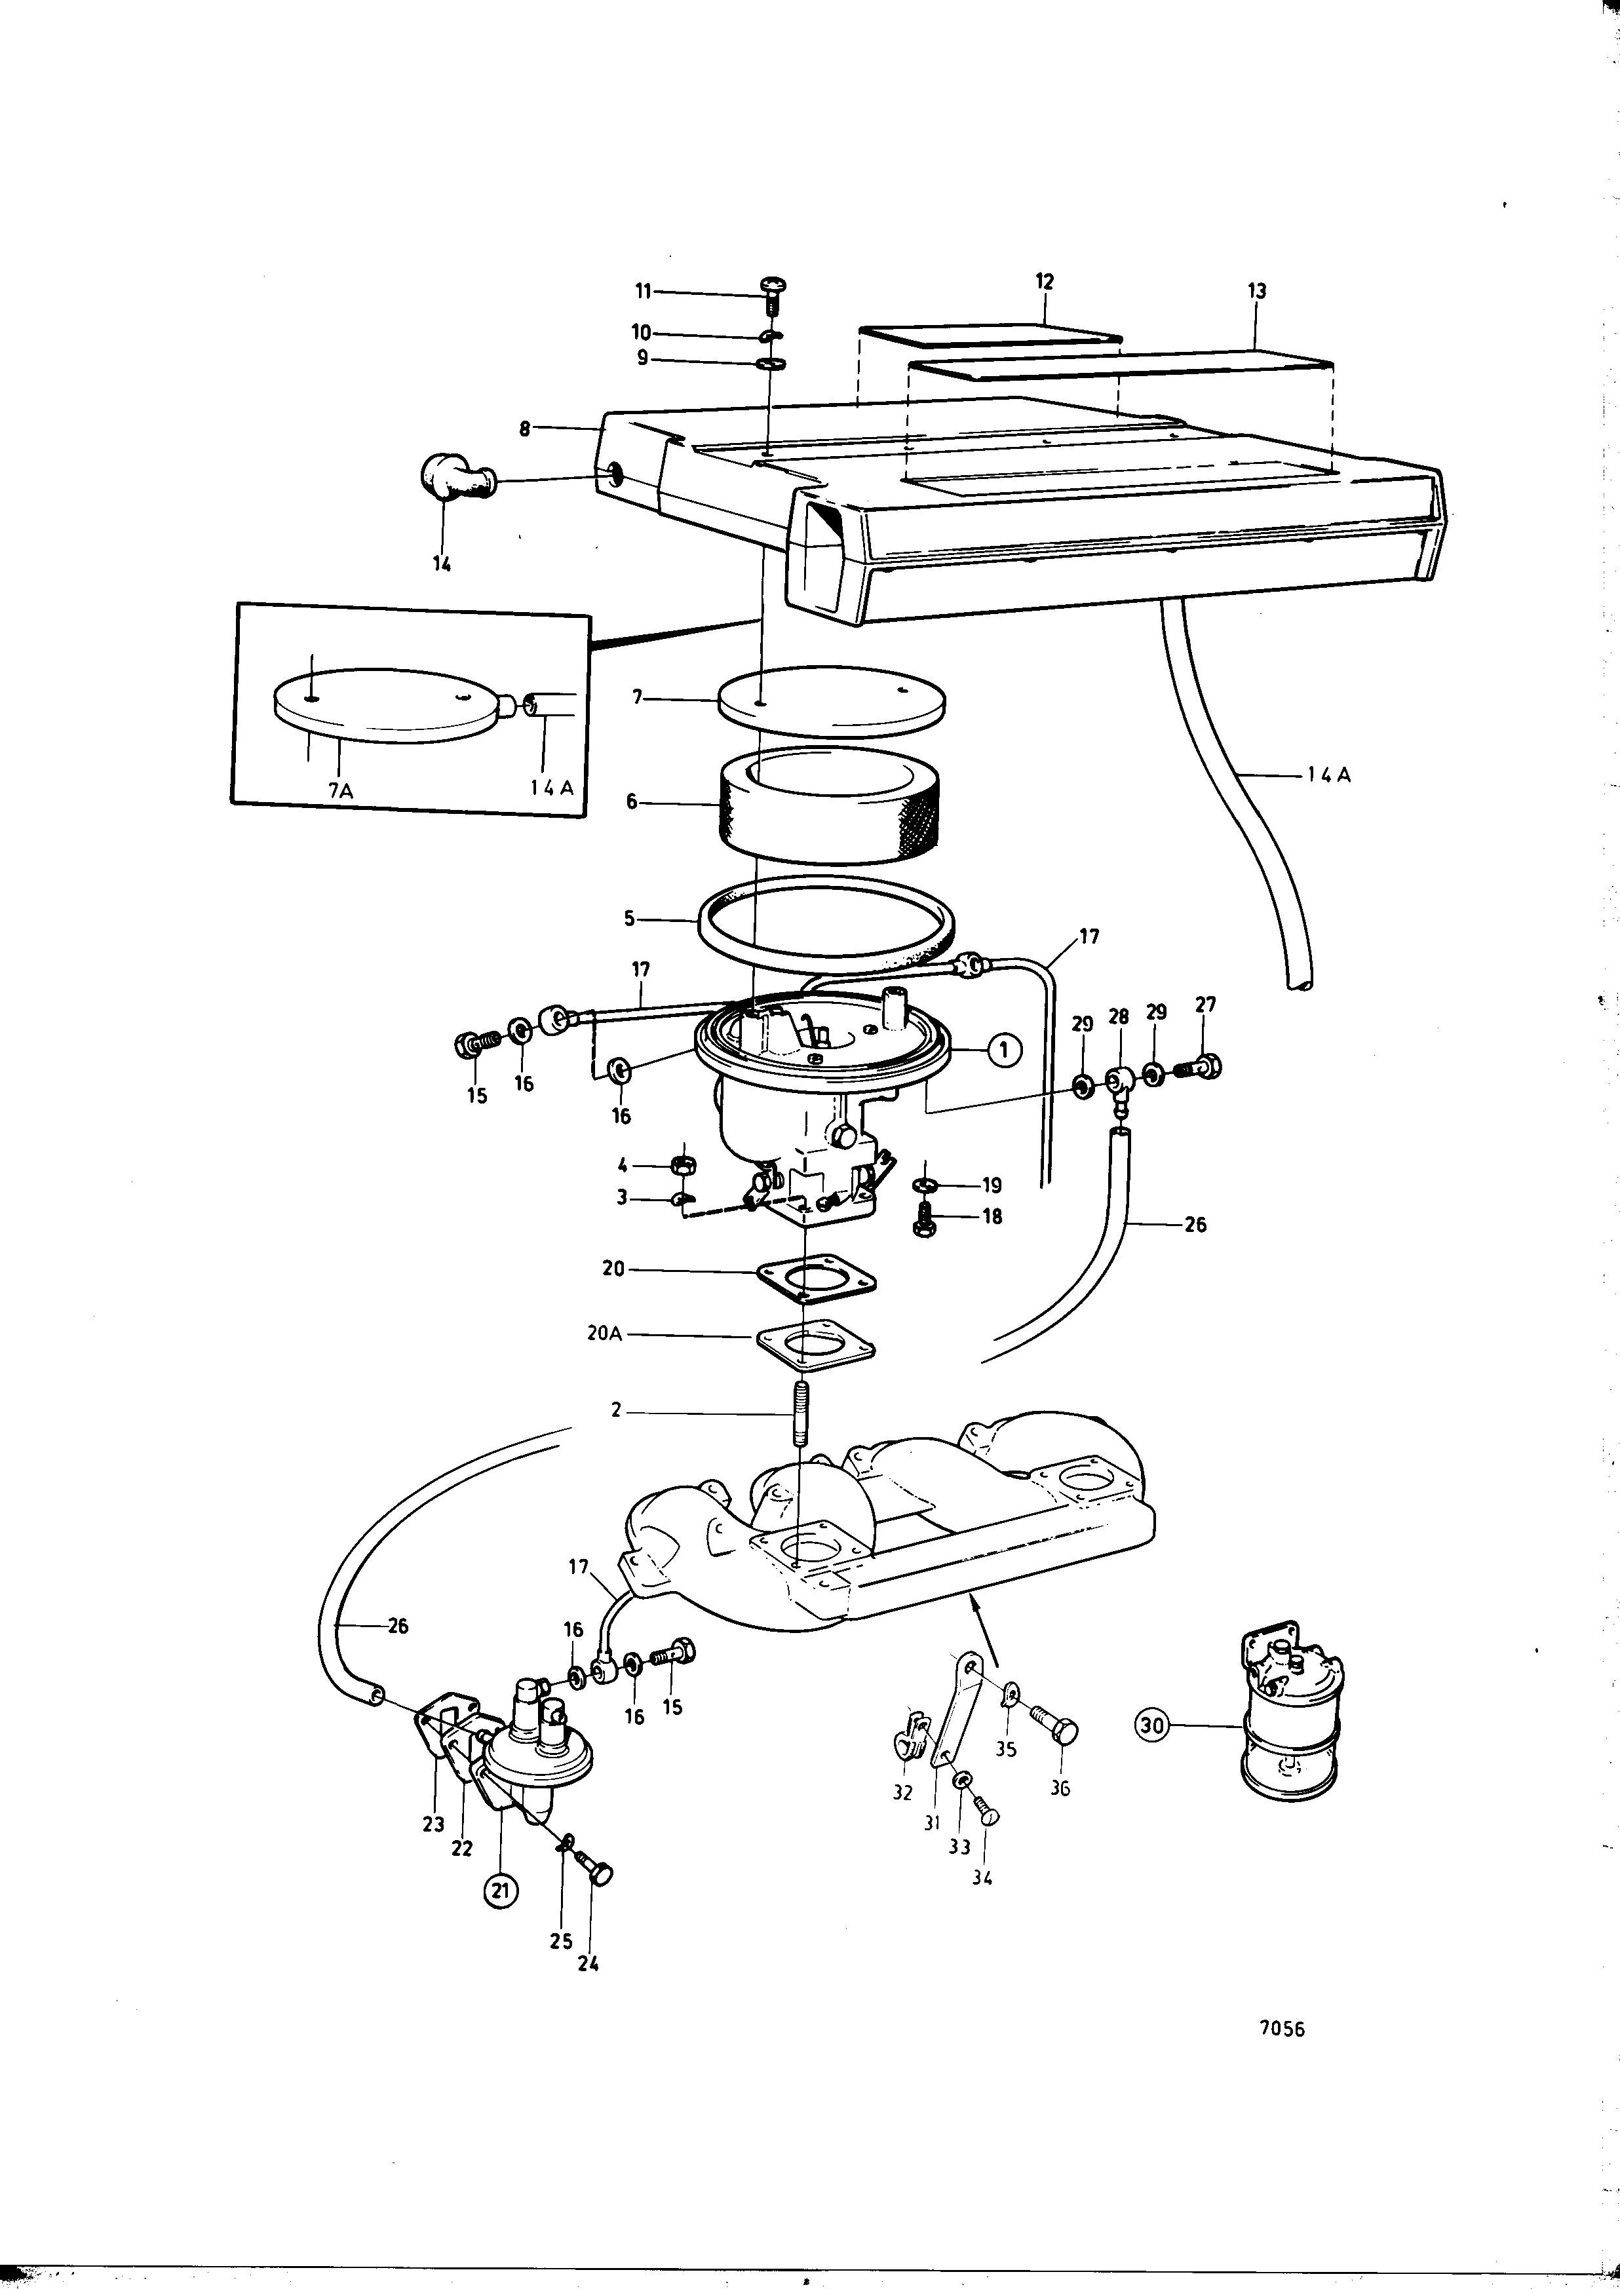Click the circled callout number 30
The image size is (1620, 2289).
(1152, 1725)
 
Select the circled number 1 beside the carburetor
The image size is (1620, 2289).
(1005, 1048)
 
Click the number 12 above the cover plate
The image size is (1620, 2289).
(1045, 282)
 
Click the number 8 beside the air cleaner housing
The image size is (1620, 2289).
(525, 429)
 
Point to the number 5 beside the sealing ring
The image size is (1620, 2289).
(629, 919)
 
